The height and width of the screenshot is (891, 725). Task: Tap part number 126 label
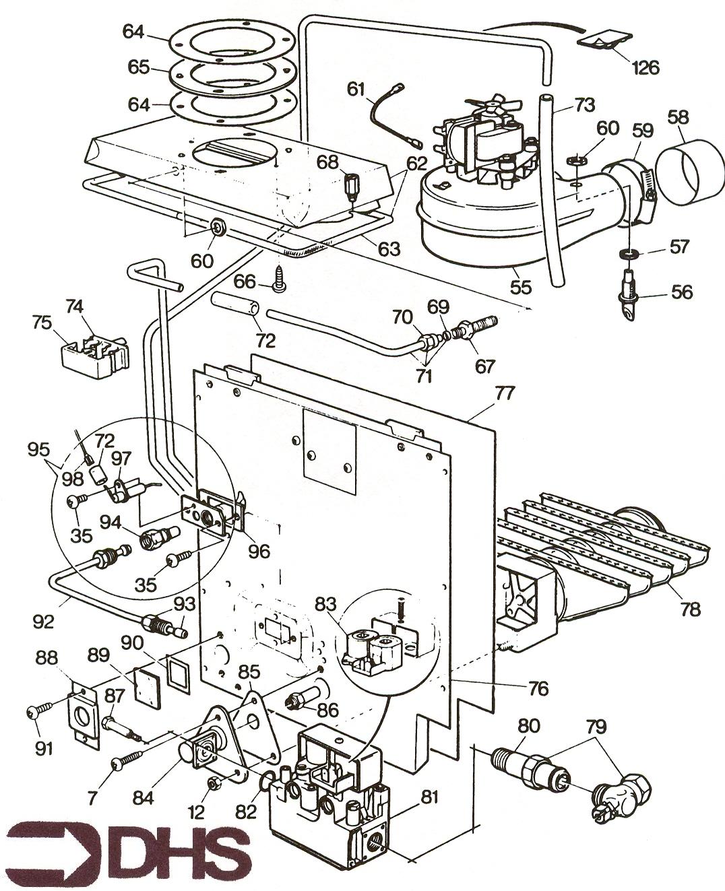coord(645,67)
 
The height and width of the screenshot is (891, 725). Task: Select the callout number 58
coord(679,117)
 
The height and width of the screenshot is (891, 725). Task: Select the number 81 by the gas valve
coord(429,797)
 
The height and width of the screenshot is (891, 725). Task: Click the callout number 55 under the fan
coord(521,286)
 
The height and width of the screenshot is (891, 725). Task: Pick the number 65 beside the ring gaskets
coord(138,68)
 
